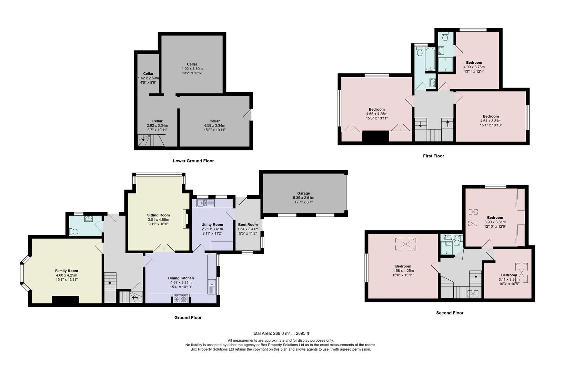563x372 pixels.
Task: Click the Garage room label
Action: (x=303, y=193)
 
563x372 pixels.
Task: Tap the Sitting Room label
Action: (x=158, y=215)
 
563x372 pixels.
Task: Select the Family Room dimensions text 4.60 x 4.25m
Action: (x=67, y=275)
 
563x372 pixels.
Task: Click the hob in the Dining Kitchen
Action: (x=181, y=299)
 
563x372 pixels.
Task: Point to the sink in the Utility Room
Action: (x=205, y=203)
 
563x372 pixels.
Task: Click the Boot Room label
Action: (x=248, y=225)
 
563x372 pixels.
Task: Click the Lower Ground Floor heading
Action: (x=193, y=161)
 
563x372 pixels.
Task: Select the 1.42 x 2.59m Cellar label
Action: (x=148, y=78)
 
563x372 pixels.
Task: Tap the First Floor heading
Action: (x=433, y=156)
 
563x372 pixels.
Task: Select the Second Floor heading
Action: (x=450, y=313)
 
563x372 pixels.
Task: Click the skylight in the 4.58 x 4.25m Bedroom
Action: (x=406, y=244)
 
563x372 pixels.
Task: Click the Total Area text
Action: (x=281, y=333)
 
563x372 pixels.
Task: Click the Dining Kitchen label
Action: (x=181, y=278)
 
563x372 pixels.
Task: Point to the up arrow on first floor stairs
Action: (x=448, y=123)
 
